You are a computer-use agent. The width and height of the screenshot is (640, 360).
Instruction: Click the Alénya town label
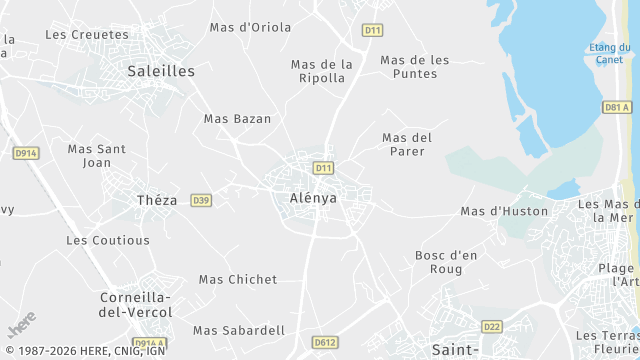point(313,198)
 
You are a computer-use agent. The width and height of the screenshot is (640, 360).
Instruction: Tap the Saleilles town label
point(161,71)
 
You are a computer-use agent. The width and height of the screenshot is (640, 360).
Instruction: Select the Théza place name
point(157,200)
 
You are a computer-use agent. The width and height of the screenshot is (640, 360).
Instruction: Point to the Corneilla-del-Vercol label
point(136,305)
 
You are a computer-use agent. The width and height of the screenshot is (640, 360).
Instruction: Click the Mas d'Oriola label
point(250,27)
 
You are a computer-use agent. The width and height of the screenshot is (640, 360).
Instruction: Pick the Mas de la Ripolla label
point(322,71)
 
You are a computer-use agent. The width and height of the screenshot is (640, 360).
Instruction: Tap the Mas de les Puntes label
point(415,67)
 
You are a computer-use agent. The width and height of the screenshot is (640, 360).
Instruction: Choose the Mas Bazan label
point(237,118)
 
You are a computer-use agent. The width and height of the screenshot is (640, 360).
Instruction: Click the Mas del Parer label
point(407,144)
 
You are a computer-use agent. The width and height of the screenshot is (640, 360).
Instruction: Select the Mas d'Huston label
point(504,211)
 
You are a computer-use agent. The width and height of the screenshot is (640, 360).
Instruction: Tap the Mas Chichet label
point(238,279)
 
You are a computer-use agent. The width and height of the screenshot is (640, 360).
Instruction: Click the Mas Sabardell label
point(239,330)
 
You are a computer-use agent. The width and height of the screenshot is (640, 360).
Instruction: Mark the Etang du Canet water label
point(609,53)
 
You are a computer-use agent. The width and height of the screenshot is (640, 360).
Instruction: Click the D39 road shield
point(201,200)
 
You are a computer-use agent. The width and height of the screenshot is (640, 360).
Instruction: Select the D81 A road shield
point(617,107)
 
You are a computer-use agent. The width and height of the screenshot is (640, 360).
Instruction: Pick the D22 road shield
point(491,326)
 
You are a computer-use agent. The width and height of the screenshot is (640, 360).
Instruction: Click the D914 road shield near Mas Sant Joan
point(26,153)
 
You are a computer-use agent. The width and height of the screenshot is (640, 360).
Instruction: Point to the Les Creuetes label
point(87,34)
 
